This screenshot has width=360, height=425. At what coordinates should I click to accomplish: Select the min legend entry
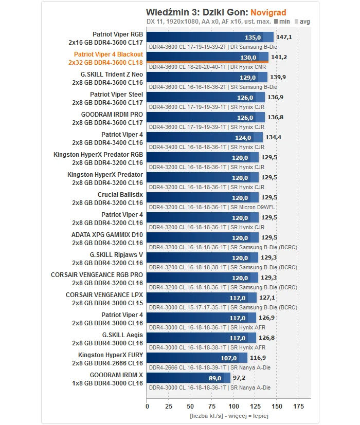pyautogui.click(x=282, y=22)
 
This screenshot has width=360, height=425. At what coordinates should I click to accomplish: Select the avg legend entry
pyautogui.click(x=302, y=22)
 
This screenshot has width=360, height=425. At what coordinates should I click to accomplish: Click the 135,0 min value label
pyautogui.click(x=253, y=37)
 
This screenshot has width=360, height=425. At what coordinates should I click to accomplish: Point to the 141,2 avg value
pyautogui.click(x=279, y=57)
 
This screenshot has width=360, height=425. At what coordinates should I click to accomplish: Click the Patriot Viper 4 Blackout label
pyautogui.click(x=108, y=54)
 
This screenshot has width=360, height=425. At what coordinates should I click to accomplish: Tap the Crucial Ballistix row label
pyautogui.click(x=120, y=195)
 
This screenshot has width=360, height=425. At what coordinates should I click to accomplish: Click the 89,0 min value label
pyautogui.click(x=214, y=378)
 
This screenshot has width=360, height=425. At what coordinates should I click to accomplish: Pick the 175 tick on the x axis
pyautogui.click(x=298, y=406)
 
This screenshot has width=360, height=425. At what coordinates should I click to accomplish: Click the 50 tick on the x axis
pyautogui.click(x=190, y=406)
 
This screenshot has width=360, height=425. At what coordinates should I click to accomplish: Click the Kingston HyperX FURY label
pyautogui.click(x=111, y=355)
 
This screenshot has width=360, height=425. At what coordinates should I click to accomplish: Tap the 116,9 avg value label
pyautogui.click(x=258, y=358)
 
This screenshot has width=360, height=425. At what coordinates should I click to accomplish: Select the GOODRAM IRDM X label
pyautogui.click(x=116, y=375)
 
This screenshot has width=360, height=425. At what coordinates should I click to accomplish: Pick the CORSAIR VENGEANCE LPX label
pyautogui.click(x=104, y=295)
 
